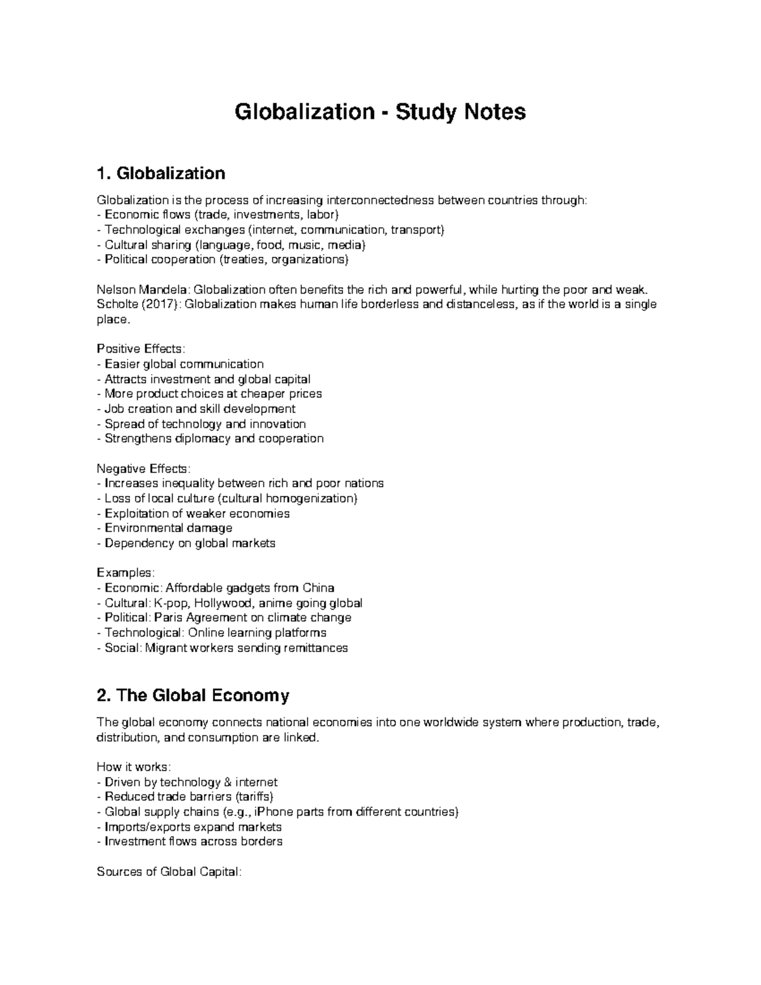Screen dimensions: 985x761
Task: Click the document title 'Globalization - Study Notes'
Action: pos(380,112)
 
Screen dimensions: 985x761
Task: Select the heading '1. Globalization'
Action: pos(160,173)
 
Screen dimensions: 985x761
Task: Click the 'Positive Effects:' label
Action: pos(141,349)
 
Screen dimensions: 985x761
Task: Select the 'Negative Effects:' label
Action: pos(143,469)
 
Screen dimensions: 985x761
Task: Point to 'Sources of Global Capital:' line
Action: pos(169,871)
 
